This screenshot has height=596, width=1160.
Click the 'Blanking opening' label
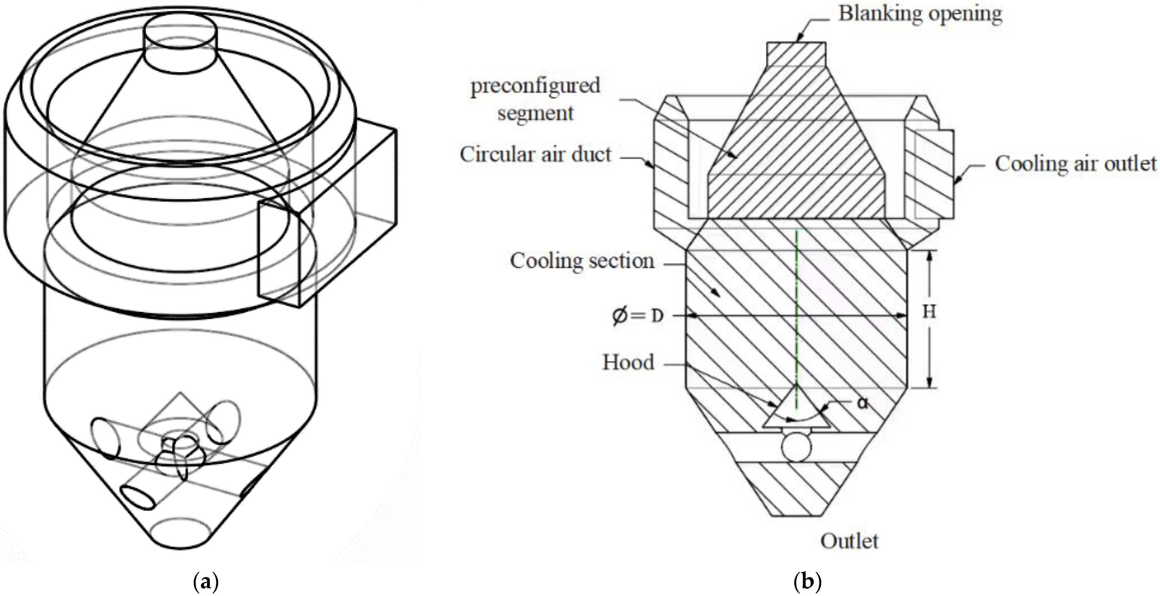point(920,14)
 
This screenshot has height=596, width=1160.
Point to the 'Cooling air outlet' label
point(1075,164)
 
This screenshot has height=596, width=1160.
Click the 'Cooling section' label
point(582,261)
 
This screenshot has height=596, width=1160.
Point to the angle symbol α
point(862,403)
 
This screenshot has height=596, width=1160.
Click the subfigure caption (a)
point(205,582)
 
